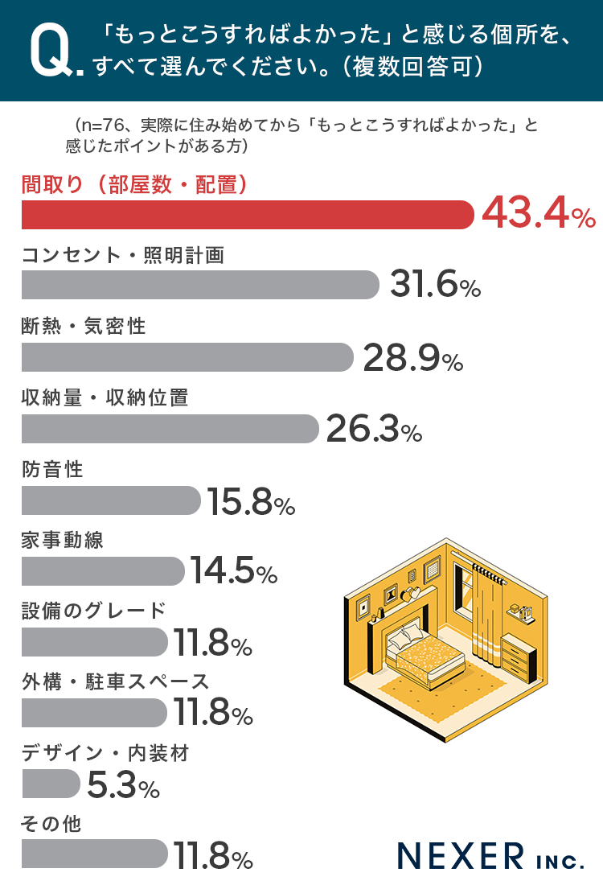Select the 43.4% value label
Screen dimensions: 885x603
(538, 215)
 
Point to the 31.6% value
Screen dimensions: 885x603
(435, 286)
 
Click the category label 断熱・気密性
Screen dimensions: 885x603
(84, 326)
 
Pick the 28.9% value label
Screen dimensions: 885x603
(412, 357)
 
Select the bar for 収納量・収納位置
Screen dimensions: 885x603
(170, 429)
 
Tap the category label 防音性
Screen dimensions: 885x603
(52, 469)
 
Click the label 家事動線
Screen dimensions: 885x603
(63, 540)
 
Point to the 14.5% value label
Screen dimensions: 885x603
(234, 572)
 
